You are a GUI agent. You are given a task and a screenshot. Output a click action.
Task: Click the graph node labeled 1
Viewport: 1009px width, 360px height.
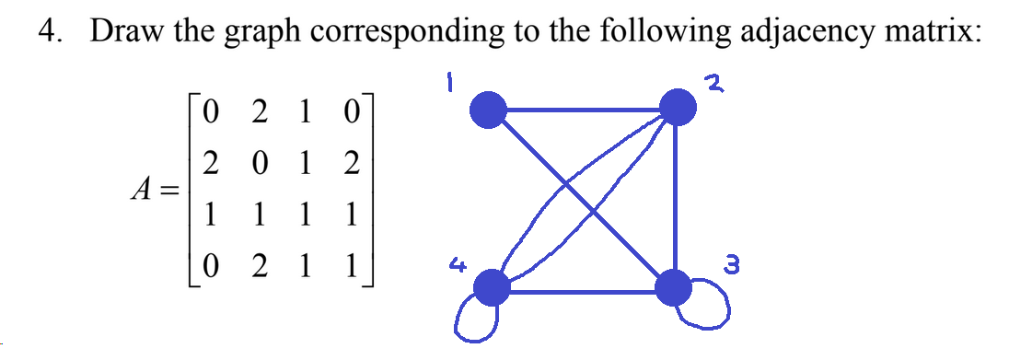489,110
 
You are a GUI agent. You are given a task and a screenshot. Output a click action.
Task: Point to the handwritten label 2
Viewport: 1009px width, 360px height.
712,85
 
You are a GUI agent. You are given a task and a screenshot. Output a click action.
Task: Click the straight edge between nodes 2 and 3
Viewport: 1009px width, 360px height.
677,198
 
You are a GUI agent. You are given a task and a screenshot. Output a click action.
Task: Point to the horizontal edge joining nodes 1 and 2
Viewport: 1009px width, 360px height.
583,110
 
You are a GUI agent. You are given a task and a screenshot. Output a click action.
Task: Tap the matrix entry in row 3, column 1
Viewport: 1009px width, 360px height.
212,218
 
